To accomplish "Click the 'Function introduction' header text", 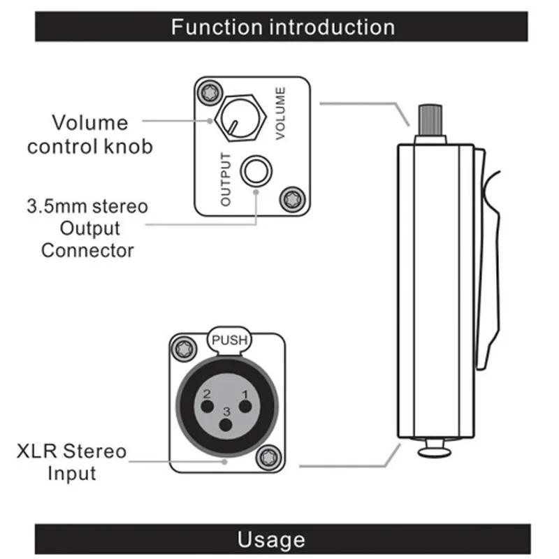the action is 283,27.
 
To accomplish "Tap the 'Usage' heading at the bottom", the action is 271,539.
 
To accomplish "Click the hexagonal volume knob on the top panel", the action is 240,118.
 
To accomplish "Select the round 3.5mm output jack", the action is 256,171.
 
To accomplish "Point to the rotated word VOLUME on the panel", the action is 281,113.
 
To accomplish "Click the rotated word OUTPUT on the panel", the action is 226,180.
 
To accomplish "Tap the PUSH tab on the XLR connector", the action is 229,340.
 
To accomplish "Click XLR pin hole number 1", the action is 245,407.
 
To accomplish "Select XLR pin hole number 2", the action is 207,407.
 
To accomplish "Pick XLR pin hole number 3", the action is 226,425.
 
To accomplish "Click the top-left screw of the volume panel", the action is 210,93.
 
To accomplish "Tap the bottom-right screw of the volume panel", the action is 292,199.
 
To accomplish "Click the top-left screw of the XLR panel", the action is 184,349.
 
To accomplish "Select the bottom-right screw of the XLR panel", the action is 269,458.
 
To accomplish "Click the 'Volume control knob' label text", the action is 90,134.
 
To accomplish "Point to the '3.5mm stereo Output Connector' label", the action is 87,228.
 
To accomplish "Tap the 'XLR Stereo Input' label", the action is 72,462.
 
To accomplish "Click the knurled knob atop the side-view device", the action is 430,120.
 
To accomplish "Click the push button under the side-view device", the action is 434,448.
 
